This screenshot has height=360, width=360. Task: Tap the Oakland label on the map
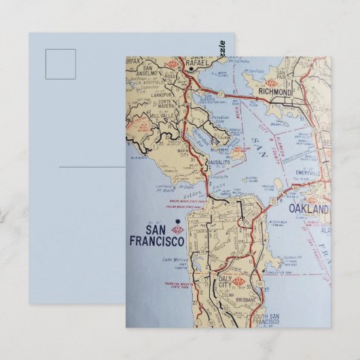(x=308, y=209)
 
